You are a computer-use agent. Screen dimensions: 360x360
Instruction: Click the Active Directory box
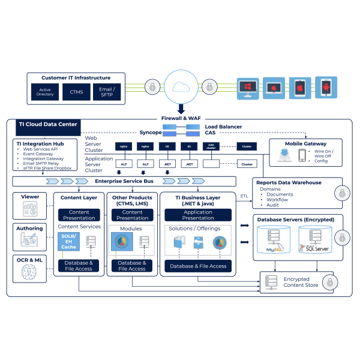pos(45,92)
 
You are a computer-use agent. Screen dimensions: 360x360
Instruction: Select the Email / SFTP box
pos(106,92)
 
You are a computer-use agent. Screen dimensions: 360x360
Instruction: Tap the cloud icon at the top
pos(181,87)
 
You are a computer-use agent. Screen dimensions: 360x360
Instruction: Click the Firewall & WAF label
pos(181,118)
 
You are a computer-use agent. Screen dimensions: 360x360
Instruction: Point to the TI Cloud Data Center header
pos(47,124)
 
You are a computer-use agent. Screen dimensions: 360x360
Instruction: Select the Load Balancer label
pos(223,127)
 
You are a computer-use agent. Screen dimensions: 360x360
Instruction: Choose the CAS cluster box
pos(211,146)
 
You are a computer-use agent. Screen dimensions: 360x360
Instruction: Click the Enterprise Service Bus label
pos(124,181)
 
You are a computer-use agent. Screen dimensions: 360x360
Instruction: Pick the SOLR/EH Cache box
pos(69,241)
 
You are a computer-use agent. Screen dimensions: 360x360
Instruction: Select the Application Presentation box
pos(198,215)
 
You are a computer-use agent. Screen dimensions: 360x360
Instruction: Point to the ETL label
pos(244,196)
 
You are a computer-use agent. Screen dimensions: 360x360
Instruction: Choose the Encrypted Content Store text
pos(296,282)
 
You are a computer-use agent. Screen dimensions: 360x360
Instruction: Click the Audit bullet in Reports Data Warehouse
pos(273,205)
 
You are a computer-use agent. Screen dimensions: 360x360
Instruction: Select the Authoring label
pos(30,229)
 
